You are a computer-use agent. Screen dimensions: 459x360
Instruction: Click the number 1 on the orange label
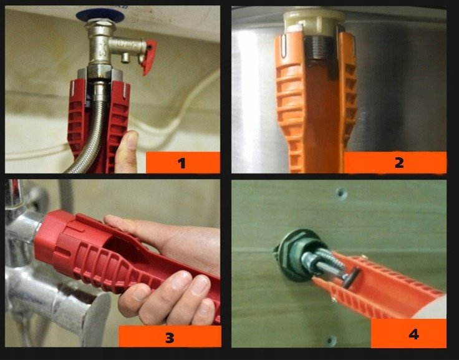(181, 163)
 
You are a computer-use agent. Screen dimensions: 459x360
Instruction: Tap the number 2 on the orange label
(399, 162)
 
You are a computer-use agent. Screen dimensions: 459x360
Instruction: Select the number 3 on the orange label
(170, 337)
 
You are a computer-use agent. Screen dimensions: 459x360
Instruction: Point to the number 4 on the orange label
(413, 334)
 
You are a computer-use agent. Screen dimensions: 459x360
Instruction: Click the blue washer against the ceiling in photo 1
(100, 15)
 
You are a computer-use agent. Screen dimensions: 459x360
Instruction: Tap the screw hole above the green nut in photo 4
(341, 193)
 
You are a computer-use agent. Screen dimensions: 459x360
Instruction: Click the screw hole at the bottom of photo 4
(332, 341)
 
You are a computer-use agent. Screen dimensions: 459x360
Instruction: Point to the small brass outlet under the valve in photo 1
(125, 57)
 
